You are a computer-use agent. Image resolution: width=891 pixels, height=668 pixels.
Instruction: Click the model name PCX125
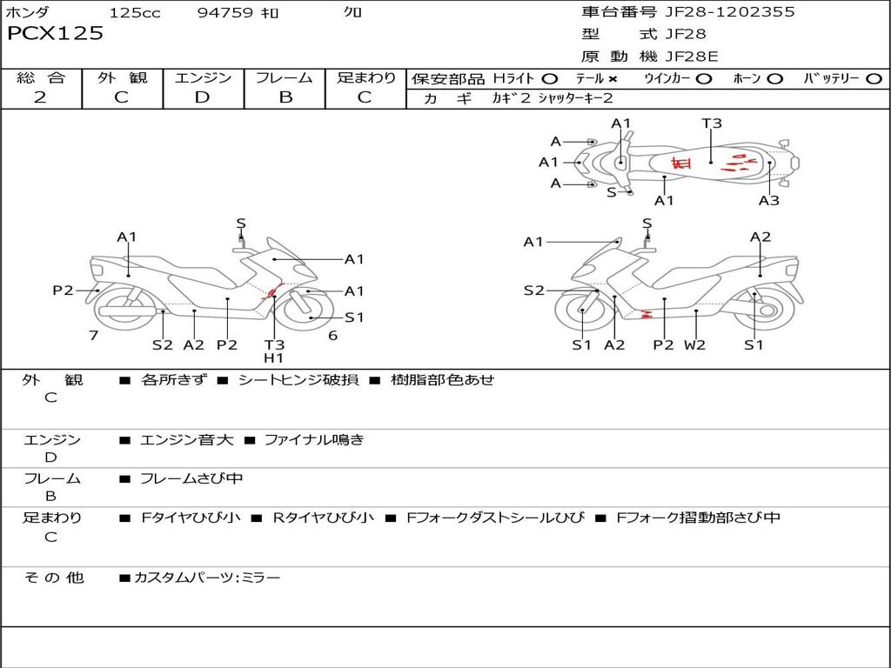[x=55, y=34]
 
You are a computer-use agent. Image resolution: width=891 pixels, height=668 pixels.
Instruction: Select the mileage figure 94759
[x=225, y=12]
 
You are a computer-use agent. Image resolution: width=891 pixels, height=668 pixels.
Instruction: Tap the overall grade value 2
[x=40, y=97]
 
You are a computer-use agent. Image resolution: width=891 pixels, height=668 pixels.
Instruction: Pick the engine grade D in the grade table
[x=202, y=97]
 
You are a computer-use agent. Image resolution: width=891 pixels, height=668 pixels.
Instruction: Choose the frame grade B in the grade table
[x=285, y=97]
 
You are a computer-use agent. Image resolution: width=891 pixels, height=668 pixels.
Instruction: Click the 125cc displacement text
[x=135, y=12]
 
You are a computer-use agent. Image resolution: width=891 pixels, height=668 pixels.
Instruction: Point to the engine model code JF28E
[x=692, y=57]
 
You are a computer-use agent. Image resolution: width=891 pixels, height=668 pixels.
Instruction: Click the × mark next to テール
[x=613, y=78]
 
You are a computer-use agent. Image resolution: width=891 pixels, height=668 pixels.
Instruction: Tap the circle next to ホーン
[x=775, y=78]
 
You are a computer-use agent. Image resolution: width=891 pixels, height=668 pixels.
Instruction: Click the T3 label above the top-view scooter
[x=712, y=124]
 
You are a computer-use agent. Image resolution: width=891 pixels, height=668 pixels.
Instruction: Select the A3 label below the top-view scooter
[x=768, y=201]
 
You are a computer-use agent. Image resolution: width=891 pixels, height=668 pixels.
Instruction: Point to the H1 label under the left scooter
[x=273, y=357]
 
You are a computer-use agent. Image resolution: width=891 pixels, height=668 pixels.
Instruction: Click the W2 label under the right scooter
[x=694, y=344]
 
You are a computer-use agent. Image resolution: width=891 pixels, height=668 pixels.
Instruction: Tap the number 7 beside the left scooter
[x=93, y=335]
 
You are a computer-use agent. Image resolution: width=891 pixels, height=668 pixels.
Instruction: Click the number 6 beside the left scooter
[x=332, y=335]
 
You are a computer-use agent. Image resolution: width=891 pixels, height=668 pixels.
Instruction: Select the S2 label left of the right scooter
[x=533, y=291]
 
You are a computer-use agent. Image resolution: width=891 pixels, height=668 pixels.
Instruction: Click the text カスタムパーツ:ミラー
[x=207, y=578]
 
